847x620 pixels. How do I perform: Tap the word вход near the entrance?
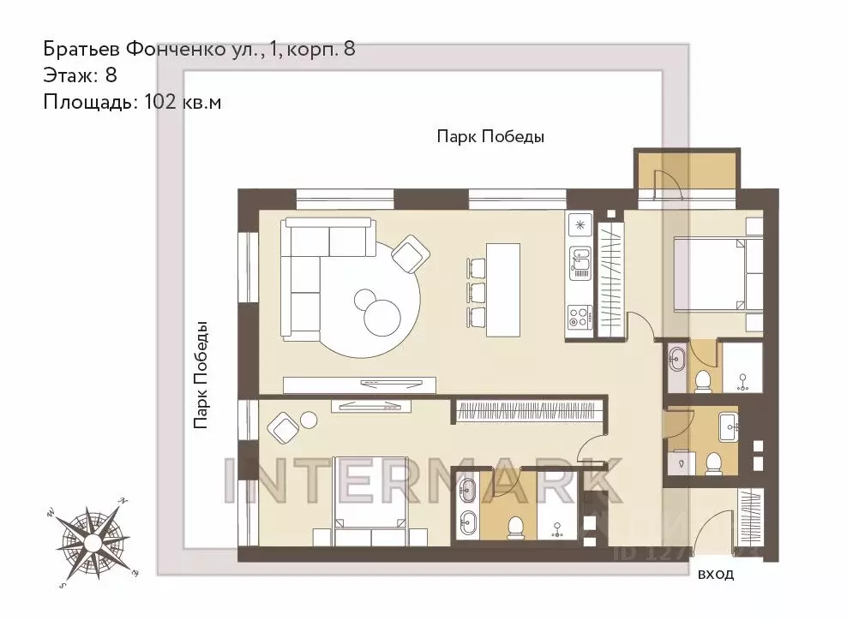coord(716,575)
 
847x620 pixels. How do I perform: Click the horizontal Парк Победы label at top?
coord(490,136)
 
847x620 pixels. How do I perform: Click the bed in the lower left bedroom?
coord(370,522)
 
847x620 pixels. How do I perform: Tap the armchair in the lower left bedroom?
coord(284,426)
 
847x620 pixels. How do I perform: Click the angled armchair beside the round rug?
coord(409,253)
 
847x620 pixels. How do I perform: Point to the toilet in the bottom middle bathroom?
coord(515,526)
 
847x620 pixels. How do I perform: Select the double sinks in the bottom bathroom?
coord(466,506)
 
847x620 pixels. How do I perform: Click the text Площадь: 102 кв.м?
coord(133,102)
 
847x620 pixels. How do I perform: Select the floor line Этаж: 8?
coord(80,75)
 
